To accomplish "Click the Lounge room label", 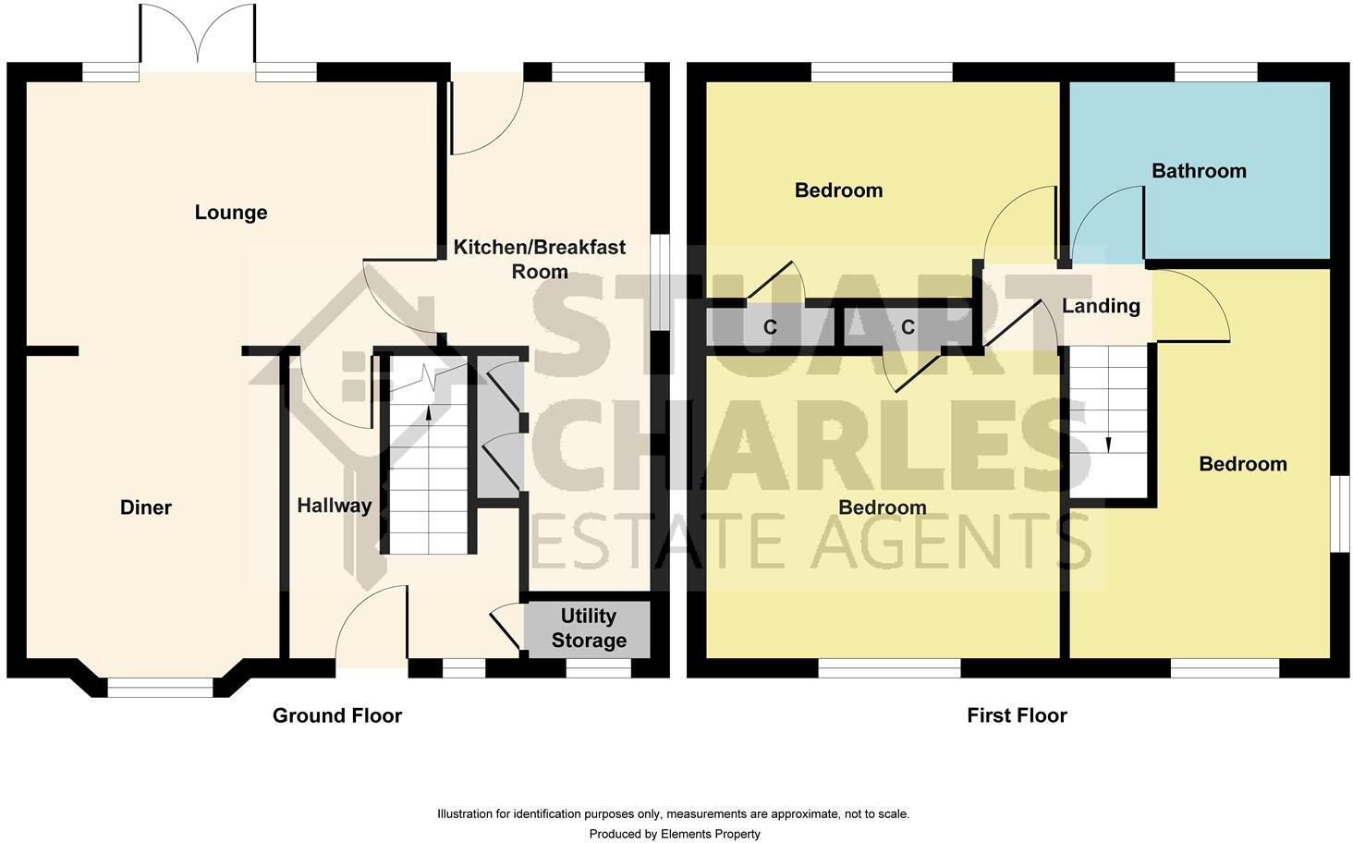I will (231, 213).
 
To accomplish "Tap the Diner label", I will (146, 507).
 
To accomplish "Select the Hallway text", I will (335, 506).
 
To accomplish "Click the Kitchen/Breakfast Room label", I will (540, 259).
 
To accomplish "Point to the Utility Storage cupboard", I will (588, 629).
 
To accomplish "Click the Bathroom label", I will (1199, 171).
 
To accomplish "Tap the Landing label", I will (1101, 306).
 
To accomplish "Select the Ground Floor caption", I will (337, 715).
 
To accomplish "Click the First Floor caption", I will (1017, 715).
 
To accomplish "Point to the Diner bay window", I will (160, 687).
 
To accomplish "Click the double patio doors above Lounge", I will (198, 37).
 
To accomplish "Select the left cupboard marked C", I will (770, 327).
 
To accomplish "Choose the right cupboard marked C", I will (908, 327).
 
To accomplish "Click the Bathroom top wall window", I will (1216, 72).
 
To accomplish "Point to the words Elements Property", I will (710, 834).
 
